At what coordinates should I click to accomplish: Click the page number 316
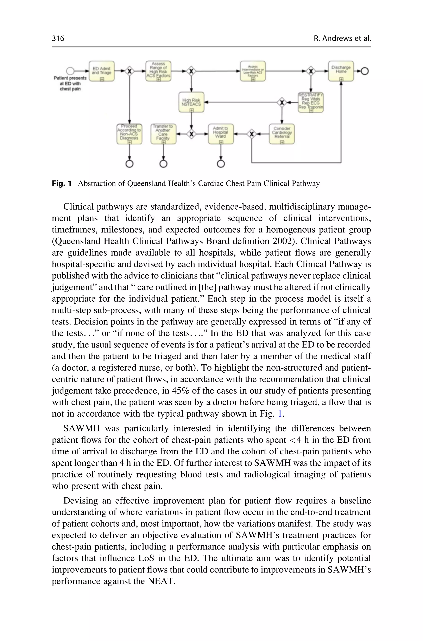(58, 38)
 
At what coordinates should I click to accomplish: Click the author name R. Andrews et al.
(342, 38)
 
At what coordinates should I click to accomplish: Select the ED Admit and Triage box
(102, 71)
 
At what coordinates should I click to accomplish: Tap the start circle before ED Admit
(70, 71)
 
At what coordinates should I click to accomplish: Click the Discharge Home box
(341, 71)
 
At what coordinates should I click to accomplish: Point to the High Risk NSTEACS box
(191, 102)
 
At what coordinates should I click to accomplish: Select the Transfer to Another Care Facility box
(163, 134)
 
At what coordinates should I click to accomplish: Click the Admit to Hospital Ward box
(220, 134)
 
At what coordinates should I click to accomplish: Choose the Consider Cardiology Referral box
(282, 134)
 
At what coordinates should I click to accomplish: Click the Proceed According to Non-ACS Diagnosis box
(129, 134)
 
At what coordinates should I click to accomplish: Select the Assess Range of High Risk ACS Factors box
(158, 71)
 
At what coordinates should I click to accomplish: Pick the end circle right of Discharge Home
(365, 71)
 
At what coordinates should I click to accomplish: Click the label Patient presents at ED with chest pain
(70, 83)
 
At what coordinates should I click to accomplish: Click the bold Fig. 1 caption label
(62, 184)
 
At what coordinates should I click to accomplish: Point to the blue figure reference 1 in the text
(280, 414)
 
